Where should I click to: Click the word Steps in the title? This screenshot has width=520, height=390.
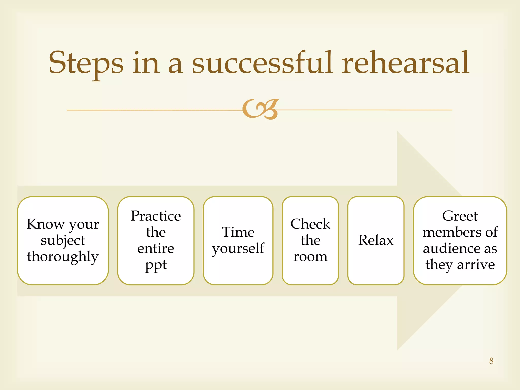point(86,63)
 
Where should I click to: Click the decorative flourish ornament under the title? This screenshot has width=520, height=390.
point(260,109)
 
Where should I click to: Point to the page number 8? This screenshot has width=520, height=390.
point(491,361)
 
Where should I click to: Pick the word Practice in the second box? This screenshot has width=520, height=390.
point(156,216)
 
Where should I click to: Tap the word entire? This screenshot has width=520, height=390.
point(156,249)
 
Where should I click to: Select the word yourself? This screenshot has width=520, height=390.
point(238,249)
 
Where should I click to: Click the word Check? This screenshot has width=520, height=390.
point(310,224)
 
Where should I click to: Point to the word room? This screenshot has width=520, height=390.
point(310,257)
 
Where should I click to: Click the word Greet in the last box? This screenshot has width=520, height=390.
point(460,216)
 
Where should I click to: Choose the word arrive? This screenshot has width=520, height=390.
point(476,265)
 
